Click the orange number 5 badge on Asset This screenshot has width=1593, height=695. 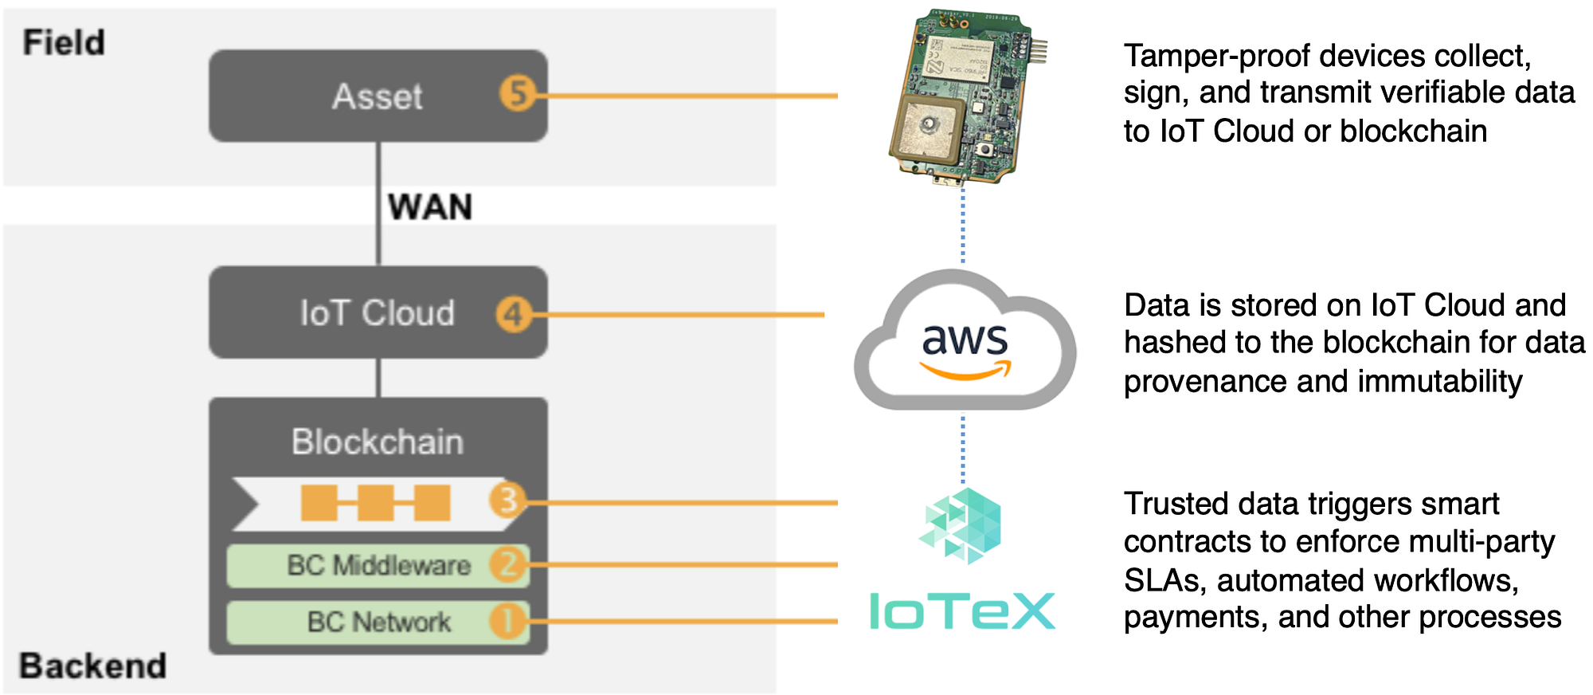point(518,94)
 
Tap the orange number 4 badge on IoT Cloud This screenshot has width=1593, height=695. point(514,314)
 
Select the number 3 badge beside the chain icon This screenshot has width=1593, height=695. point(507,501)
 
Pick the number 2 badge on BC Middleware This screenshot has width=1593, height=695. point(508,564)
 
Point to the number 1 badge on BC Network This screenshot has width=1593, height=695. point(508,621)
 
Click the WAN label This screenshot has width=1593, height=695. point(430,207)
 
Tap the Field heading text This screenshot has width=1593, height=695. point(64,42)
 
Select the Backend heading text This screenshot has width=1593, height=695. point(92,666)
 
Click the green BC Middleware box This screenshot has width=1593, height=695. point(378,566)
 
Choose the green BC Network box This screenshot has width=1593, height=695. point(378,622)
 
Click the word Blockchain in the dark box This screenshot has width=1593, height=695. point(378,442)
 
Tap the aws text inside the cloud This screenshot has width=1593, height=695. point(965,340)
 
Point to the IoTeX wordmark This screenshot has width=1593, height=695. point(962,611)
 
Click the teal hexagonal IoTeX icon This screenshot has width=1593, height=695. point(961,526)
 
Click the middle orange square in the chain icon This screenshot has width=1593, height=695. point(375,503)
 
